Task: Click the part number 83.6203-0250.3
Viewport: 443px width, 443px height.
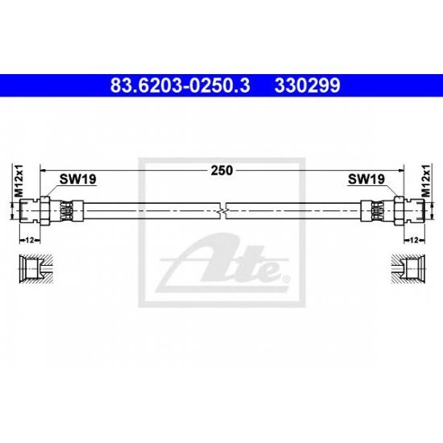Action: tap(180, 85)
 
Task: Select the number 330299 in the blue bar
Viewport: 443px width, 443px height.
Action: tap(307, 85)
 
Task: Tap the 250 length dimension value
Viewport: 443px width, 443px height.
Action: tap(221, 171)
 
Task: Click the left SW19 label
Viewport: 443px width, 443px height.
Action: tap(77, 179)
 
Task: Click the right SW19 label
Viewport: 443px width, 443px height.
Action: tap(366, 179)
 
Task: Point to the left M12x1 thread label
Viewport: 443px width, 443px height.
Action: tap(19, 180)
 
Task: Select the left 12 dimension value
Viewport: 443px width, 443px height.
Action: tap(30, 240)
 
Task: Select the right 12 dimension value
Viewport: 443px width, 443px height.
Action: tap(414, 240)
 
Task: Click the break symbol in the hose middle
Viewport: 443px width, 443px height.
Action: tap(223, 211)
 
